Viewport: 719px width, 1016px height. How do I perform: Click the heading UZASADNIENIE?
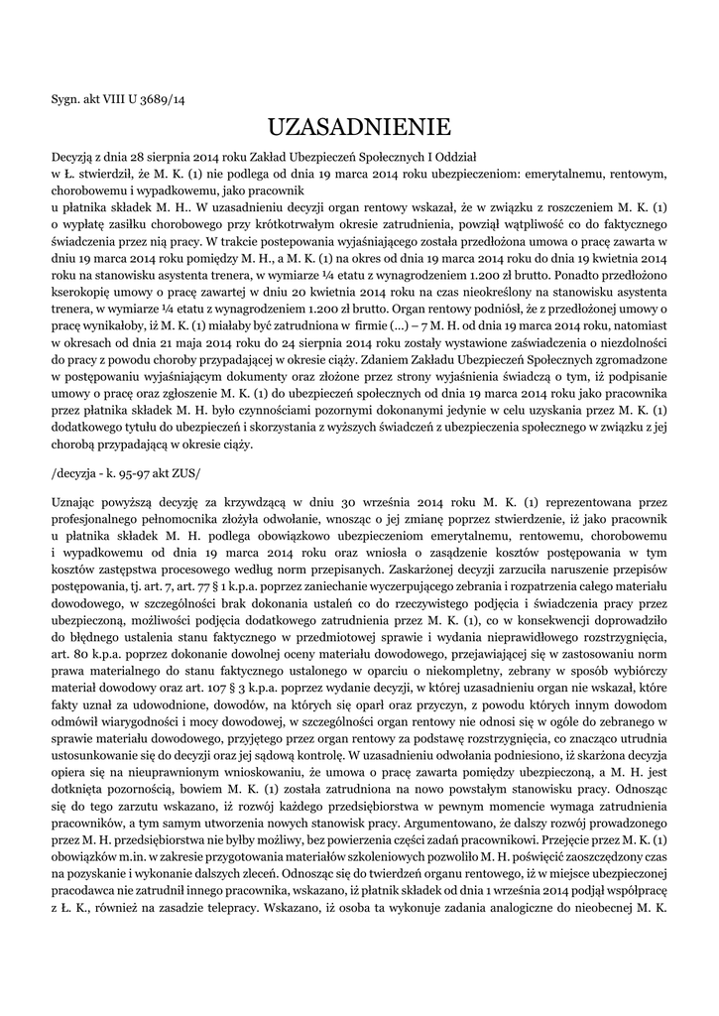359,127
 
